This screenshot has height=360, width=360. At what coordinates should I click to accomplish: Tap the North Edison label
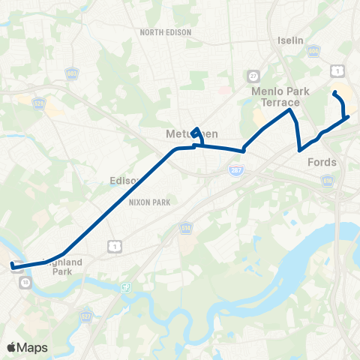[166, 32]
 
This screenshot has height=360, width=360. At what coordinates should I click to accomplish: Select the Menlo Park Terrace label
[275, 97]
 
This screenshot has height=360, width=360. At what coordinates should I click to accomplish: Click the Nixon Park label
[150, 202]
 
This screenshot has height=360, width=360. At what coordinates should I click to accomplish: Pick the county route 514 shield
[184, 226]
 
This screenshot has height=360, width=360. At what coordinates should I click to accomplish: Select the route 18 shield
[25, 282]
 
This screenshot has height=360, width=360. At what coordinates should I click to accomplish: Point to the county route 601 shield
[73, 73]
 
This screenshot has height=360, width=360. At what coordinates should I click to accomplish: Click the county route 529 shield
[40, 103]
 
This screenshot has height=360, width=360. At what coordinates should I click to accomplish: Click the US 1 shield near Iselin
[341, 70]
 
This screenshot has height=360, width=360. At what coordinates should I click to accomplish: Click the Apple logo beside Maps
[11, 347]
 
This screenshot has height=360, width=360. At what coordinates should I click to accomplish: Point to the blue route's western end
[12, 265]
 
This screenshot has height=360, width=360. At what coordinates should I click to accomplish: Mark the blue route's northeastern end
[334, 93]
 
